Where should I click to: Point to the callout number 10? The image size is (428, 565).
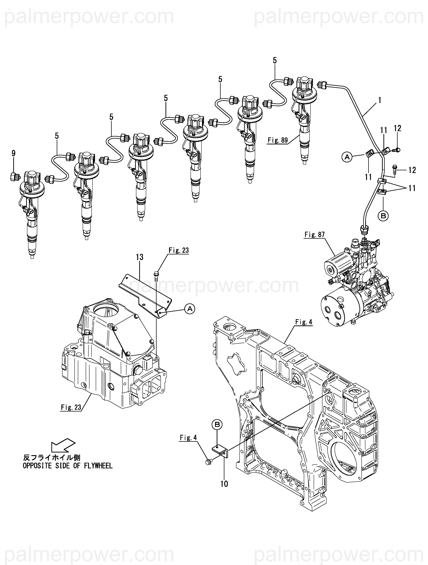tap(224, 484)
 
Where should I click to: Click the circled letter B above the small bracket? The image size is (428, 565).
tap(217, 425)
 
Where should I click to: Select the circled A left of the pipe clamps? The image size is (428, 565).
tap(347, 157)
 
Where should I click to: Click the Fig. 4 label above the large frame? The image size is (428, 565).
tap(304, 322)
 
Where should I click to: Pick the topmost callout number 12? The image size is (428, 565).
tap(398, 128)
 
